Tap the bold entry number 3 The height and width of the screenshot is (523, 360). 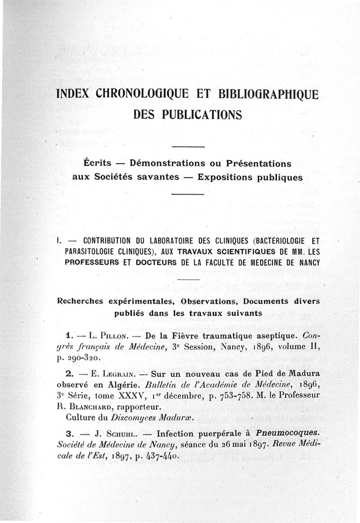[x=69, y=434]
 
